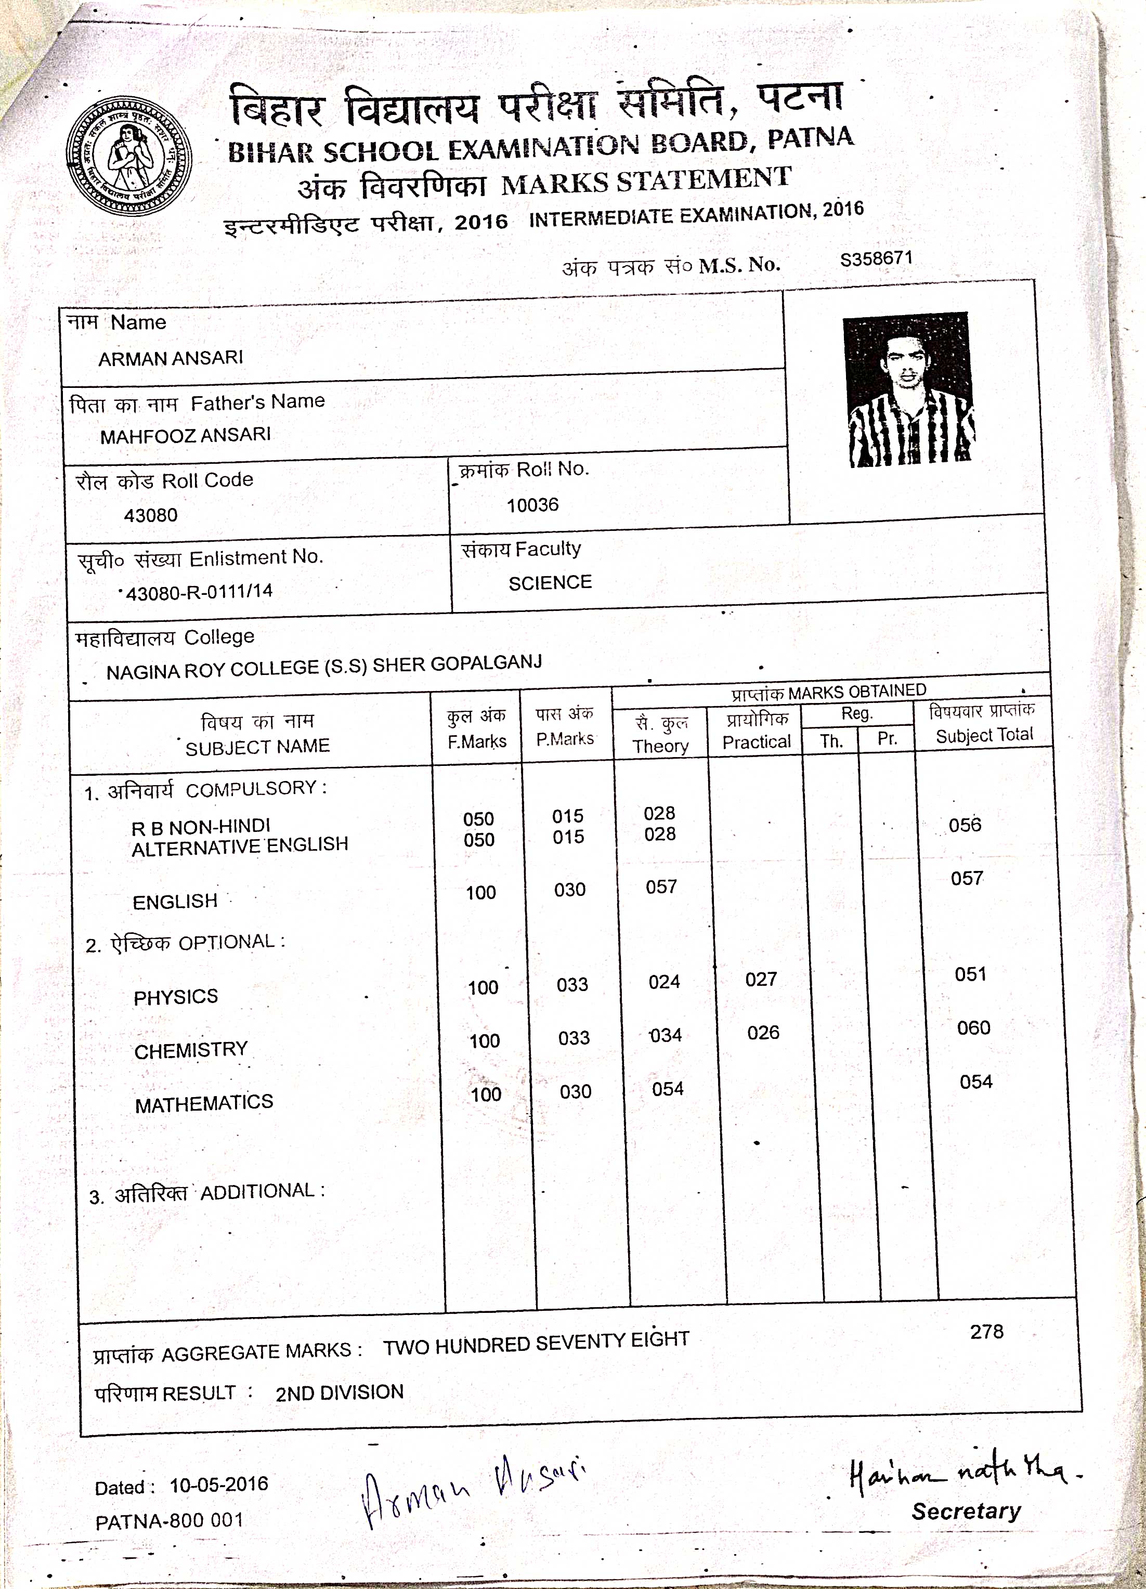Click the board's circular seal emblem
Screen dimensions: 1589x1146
pyautogui.click(x=129, y=155)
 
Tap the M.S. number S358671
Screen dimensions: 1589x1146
pyautogui.click(x=876, y=258)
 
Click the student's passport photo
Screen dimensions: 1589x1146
pyautogui.click(x=908, y=389)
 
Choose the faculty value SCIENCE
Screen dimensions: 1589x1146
pyautogui.click(x=550, y=583)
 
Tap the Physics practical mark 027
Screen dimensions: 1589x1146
pyautogui.click(x=761, y=979)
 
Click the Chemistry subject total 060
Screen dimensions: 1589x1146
pyautogui.click(x=973, y=1028)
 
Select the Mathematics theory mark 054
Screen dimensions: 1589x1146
pyautogui.click(x=667, y=1089)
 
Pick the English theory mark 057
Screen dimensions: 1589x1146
pyautogui.click(x=660, y=887)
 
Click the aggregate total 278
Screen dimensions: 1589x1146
pyautogui.click(x=986, y=1332)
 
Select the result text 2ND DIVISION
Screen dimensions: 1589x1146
pyautogui.click(x=340, y=1392)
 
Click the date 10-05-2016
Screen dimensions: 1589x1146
pyautogui.click(x=218, y=1484)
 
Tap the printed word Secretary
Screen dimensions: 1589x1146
pyautogui.click(x=966, y=1511)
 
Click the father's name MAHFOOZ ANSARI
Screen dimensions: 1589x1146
pyautogui.click(x=185, y=436)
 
